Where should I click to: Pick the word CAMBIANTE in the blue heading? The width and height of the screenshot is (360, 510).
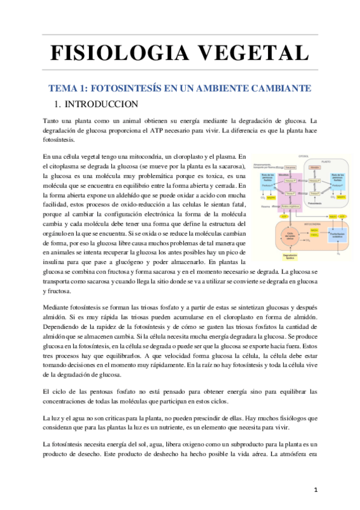[x=282, y=88]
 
